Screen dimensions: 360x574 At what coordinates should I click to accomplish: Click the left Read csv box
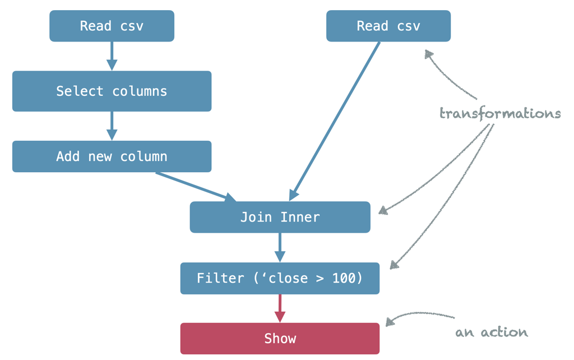(112, 26)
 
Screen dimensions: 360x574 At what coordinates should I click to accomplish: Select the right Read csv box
(388, 26)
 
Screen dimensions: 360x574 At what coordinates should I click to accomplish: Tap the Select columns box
(112, 91)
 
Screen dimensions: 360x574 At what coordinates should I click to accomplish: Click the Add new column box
(112, 156)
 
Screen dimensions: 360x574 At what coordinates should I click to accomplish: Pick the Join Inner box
(280, 217)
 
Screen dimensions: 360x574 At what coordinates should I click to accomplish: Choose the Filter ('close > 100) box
(280, 278)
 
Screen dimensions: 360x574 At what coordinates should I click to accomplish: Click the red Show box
(280, 339)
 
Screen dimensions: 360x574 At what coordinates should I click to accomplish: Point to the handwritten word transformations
(499, 114)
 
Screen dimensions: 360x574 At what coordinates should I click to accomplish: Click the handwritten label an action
(491, 333)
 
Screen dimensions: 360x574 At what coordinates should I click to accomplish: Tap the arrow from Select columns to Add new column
(112, 125)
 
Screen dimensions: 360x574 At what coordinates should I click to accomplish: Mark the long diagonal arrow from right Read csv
(335, 121)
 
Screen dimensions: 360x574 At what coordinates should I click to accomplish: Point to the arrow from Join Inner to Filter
(280, 247)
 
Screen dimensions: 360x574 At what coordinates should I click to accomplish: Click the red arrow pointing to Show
(280, 308)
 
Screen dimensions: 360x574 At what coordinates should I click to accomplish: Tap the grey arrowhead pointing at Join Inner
(383, 210)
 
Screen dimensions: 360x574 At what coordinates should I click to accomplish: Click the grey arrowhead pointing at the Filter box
(394, 264)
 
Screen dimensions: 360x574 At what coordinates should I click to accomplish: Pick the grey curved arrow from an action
(418, 315)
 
